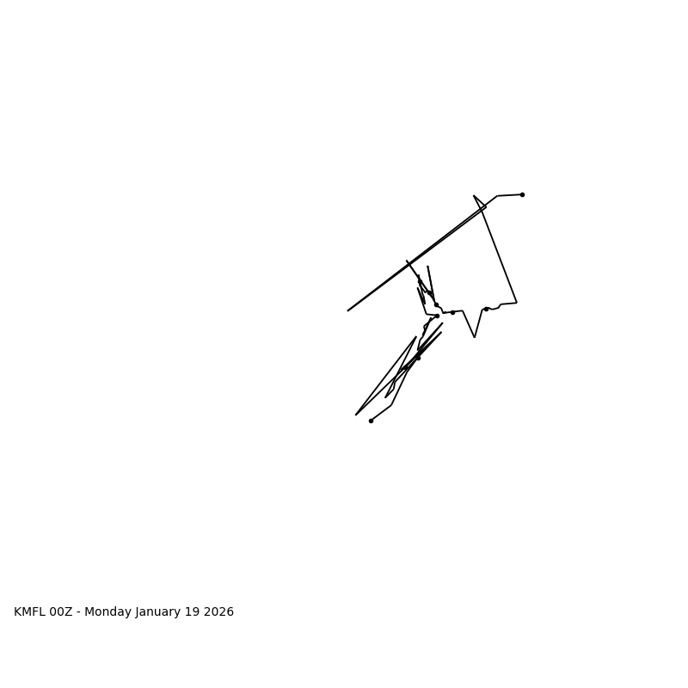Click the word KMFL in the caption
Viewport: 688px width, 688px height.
point(29,612)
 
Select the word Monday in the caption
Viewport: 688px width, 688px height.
point(108,612)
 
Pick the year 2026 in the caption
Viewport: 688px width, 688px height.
point(220,612)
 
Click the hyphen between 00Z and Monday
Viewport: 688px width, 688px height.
point(79,612)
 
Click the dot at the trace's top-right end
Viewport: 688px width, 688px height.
point(522,194)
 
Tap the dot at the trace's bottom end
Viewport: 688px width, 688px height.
point(371,421)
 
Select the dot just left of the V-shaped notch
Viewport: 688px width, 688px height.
point(452,312)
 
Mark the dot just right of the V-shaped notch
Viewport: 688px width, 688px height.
point(486,309)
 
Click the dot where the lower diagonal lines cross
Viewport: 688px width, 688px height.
point(419,357)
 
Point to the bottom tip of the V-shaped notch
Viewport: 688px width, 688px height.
point(474,337)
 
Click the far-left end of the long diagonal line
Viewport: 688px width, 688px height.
point(348,310)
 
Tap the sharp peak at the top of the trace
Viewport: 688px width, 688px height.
point(474,195)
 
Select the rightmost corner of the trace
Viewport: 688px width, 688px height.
point(517,302)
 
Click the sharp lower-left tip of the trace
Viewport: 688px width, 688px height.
point(356,415)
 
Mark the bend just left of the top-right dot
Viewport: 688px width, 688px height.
point(497,196)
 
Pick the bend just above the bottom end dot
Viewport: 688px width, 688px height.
point(391,405)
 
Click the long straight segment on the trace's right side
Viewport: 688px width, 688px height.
point(500,255)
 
